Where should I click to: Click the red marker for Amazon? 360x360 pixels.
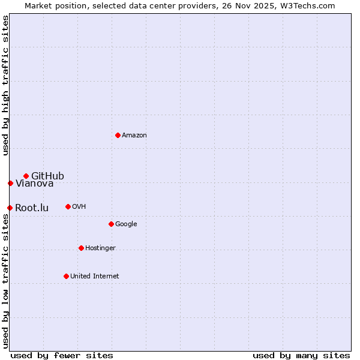[x=118, y=135]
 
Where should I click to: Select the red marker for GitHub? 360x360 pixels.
[x=26, y=176]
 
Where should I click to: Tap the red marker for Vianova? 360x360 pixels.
[x=10, y=183]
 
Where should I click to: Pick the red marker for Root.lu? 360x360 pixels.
[x=10, y=208]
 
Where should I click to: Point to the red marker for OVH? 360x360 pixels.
[x=68, y=206]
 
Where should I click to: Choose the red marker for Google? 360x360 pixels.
[x=111, y=224]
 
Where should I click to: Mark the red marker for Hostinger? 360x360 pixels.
[x=81, y=248]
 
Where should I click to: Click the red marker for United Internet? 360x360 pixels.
[x=66, y=276]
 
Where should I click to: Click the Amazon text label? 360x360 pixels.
[x=134, y=135]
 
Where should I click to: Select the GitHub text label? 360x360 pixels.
[x=47, y=176]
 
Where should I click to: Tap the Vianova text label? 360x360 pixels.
[x=34, y=184]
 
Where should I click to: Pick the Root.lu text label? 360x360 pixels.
[x=32, y=208]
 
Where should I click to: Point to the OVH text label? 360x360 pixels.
[x=79, y=207]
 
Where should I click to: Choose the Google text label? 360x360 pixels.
[x=126, y=224]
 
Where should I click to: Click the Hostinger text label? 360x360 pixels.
[x=100, y=248]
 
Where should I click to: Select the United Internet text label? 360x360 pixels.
[x=94, y=276]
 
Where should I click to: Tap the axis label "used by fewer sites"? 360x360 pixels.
[x=62, y=355]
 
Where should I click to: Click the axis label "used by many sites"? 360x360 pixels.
[x=301, y=355]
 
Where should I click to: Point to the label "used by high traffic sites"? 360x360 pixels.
[x=5, y=85]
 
